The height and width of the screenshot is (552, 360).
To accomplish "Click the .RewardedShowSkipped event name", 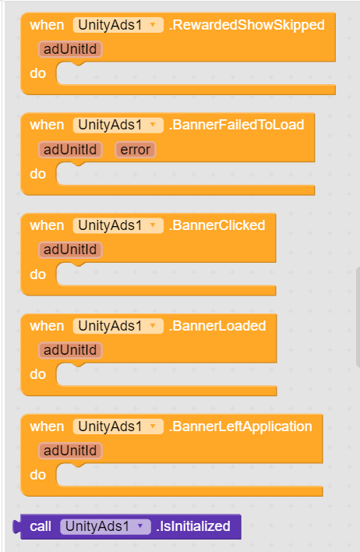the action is [247, 25].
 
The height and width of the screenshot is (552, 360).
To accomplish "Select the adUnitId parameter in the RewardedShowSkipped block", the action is [70, 49].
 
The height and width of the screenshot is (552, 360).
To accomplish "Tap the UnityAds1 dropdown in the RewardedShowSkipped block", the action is [118, 25].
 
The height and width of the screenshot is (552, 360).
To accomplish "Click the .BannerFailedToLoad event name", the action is [236, 125].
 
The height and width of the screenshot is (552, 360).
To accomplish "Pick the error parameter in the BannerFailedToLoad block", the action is [135, 150].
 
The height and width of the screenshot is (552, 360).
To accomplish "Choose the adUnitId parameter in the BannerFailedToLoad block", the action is [70, 150].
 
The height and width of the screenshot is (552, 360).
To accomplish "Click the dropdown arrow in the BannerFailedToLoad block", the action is [153, 125].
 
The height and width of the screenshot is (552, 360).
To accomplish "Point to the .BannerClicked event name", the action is [217, 225].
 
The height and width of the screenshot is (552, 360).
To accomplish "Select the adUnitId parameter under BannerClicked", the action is [70, 249].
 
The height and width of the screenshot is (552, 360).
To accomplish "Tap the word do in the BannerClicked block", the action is [38, 274].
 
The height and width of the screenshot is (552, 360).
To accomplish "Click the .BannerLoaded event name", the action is [217, 326].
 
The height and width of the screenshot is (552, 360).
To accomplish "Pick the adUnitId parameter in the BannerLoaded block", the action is [70, 350].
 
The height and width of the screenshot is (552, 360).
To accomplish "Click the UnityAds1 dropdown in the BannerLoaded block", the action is [118, 326].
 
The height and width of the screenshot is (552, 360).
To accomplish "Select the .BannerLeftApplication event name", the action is [241, 426].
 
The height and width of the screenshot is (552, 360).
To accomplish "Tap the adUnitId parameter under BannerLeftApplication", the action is [70, 451].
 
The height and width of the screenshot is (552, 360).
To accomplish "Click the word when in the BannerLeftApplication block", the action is [47, 426].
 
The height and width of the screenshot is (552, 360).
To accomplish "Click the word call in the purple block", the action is [41, 526].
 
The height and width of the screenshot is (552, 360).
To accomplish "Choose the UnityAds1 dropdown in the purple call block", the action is [105, 526].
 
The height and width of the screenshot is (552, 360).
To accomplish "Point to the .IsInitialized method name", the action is [193, 526].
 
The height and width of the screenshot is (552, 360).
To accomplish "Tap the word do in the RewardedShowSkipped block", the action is [38, 73].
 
